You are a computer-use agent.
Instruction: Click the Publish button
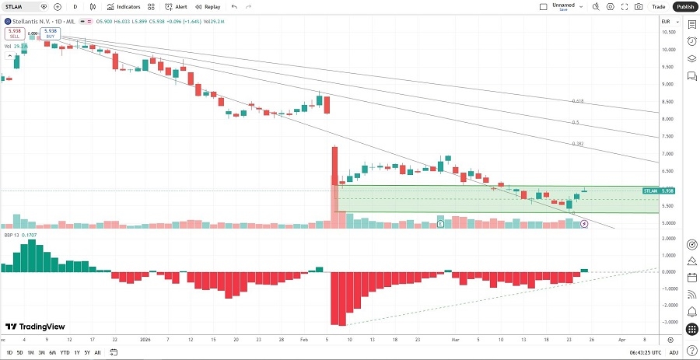[x=684, y=6]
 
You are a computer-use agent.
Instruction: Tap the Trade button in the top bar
[x=659, y=6]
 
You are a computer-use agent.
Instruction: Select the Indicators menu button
[x=124, y=6]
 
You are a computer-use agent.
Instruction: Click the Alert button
[x=177, y=6]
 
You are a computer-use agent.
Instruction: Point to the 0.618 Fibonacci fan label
[x=577, y=101]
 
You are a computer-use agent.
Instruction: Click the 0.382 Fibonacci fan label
[x=577, y=144]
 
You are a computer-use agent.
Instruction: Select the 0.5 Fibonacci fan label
[x=576, y=122]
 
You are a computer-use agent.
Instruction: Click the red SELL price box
[x=13, y=34]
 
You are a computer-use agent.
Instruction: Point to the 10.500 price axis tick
[x=667, y=32]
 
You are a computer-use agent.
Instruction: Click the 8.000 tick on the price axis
[x=667, y=119]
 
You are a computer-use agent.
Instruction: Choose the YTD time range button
[x=64, y=352]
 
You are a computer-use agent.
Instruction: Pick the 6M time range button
[x=52, y=352]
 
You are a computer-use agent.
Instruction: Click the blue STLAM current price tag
[x=657, y=190]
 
